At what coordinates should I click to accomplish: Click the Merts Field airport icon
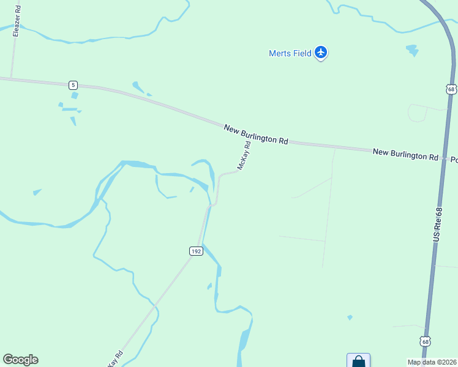coord(321,53)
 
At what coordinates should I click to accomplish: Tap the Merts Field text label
coord(290,53)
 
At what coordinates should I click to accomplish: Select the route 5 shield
coord(73,84)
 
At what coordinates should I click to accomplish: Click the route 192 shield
coord(195,251)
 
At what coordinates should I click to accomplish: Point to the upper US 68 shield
coord(451,89)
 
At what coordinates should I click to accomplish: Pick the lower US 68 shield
coord(425,341)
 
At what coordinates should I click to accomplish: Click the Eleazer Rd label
coord(17,21)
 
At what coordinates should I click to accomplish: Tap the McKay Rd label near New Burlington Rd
coord(244,156)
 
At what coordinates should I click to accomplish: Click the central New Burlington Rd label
coord(255,134)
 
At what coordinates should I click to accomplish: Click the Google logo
coord(20,360)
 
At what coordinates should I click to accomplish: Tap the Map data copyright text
coord(431,362)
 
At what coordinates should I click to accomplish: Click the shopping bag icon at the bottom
coord(358,361)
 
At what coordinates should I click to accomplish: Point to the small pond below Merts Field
coord(411,50)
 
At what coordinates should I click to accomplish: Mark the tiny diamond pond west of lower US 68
coord(350,317)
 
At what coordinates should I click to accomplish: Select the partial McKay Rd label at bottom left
coord(115,358)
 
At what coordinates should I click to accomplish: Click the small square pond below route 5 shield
coord(75,95)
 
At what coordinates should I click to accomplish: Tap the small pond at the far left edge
coord(37,192)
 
